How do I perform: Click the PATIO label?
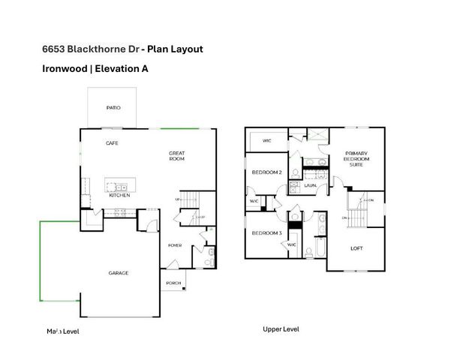click(x=113, y=108)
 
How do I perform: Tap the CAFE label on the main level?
click(x=112, y=142)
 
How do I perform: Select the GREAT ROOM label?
click(x=176, y=156)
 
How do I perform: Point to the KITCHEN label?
click(x=119, y=195)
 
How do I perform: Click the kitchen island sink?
click(x=119, y=184)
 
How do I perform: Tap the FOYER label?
click(x=175, y=245)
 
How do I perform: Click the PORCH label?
click(x=173, y=283)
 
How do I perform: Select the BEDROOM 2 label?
click(x=266, y=172)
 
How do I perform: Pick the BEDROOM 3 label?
click(x=266, y=233)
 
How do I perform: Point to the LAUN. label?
click(x=310, y=184)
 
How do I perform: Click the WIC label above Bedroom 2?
click(x=266, y=140)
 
